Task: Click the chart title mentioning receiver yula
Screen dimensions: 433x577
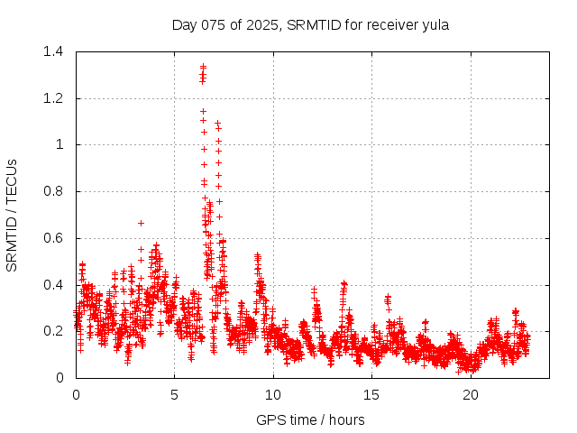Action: (x=310, y=25)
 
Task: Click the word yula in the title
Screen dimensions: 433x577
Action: (x=435, y=25)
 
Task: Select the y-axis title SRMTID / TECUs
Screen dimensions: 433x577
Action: (x=13, y=215)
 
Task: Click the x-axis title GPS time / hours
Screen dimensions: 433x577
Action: (x=310, y=419)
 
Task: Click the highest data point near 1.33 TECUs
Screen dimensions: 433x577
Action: (x=203, y=67)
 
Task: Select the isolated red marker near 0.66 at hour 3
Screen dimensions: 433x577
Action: (x=141, y=223)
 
